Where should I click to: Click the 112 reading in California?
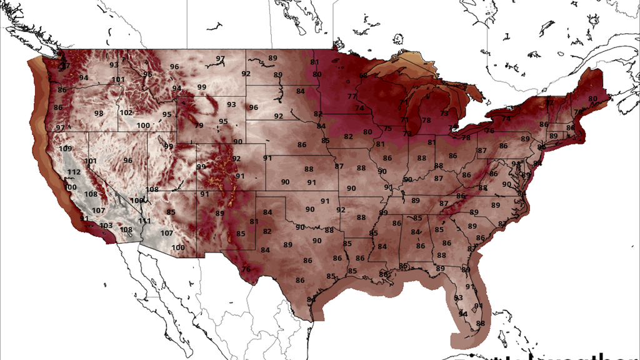point(74,172)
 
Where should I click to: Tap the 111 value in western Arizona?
point(145,221)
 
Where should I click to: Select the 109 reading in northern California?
point(65,149)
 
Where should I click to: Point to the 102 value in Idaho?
point(126,112)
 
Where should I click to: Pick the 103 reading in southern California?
point(106,226)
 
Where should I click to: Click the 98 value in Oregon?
point(99,113)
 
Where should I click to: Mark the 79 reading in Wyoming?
point(199,126)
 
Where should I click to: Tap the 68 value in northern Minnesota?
point(363,76)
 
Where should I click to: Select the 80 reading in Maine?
point(592,99)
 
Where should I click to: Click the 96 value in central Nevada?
point(128,160)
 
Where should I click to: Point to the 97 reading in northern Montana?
point(221,59)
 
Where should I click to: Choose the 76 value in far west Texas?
point(246,269)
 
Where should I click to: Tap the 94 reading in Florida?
point(462,314)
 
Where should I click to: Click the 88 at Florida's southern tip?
point(481,323)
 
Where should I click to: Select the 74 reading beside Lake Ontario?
point(506,119)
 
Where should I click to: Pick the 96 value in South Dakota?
point(254,107)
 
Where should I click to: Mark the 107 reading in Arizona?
point(167,233)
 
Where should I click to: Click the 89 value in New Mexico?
point(220,213)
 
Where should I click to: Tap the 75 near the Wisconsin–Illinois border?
point(388,129)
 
